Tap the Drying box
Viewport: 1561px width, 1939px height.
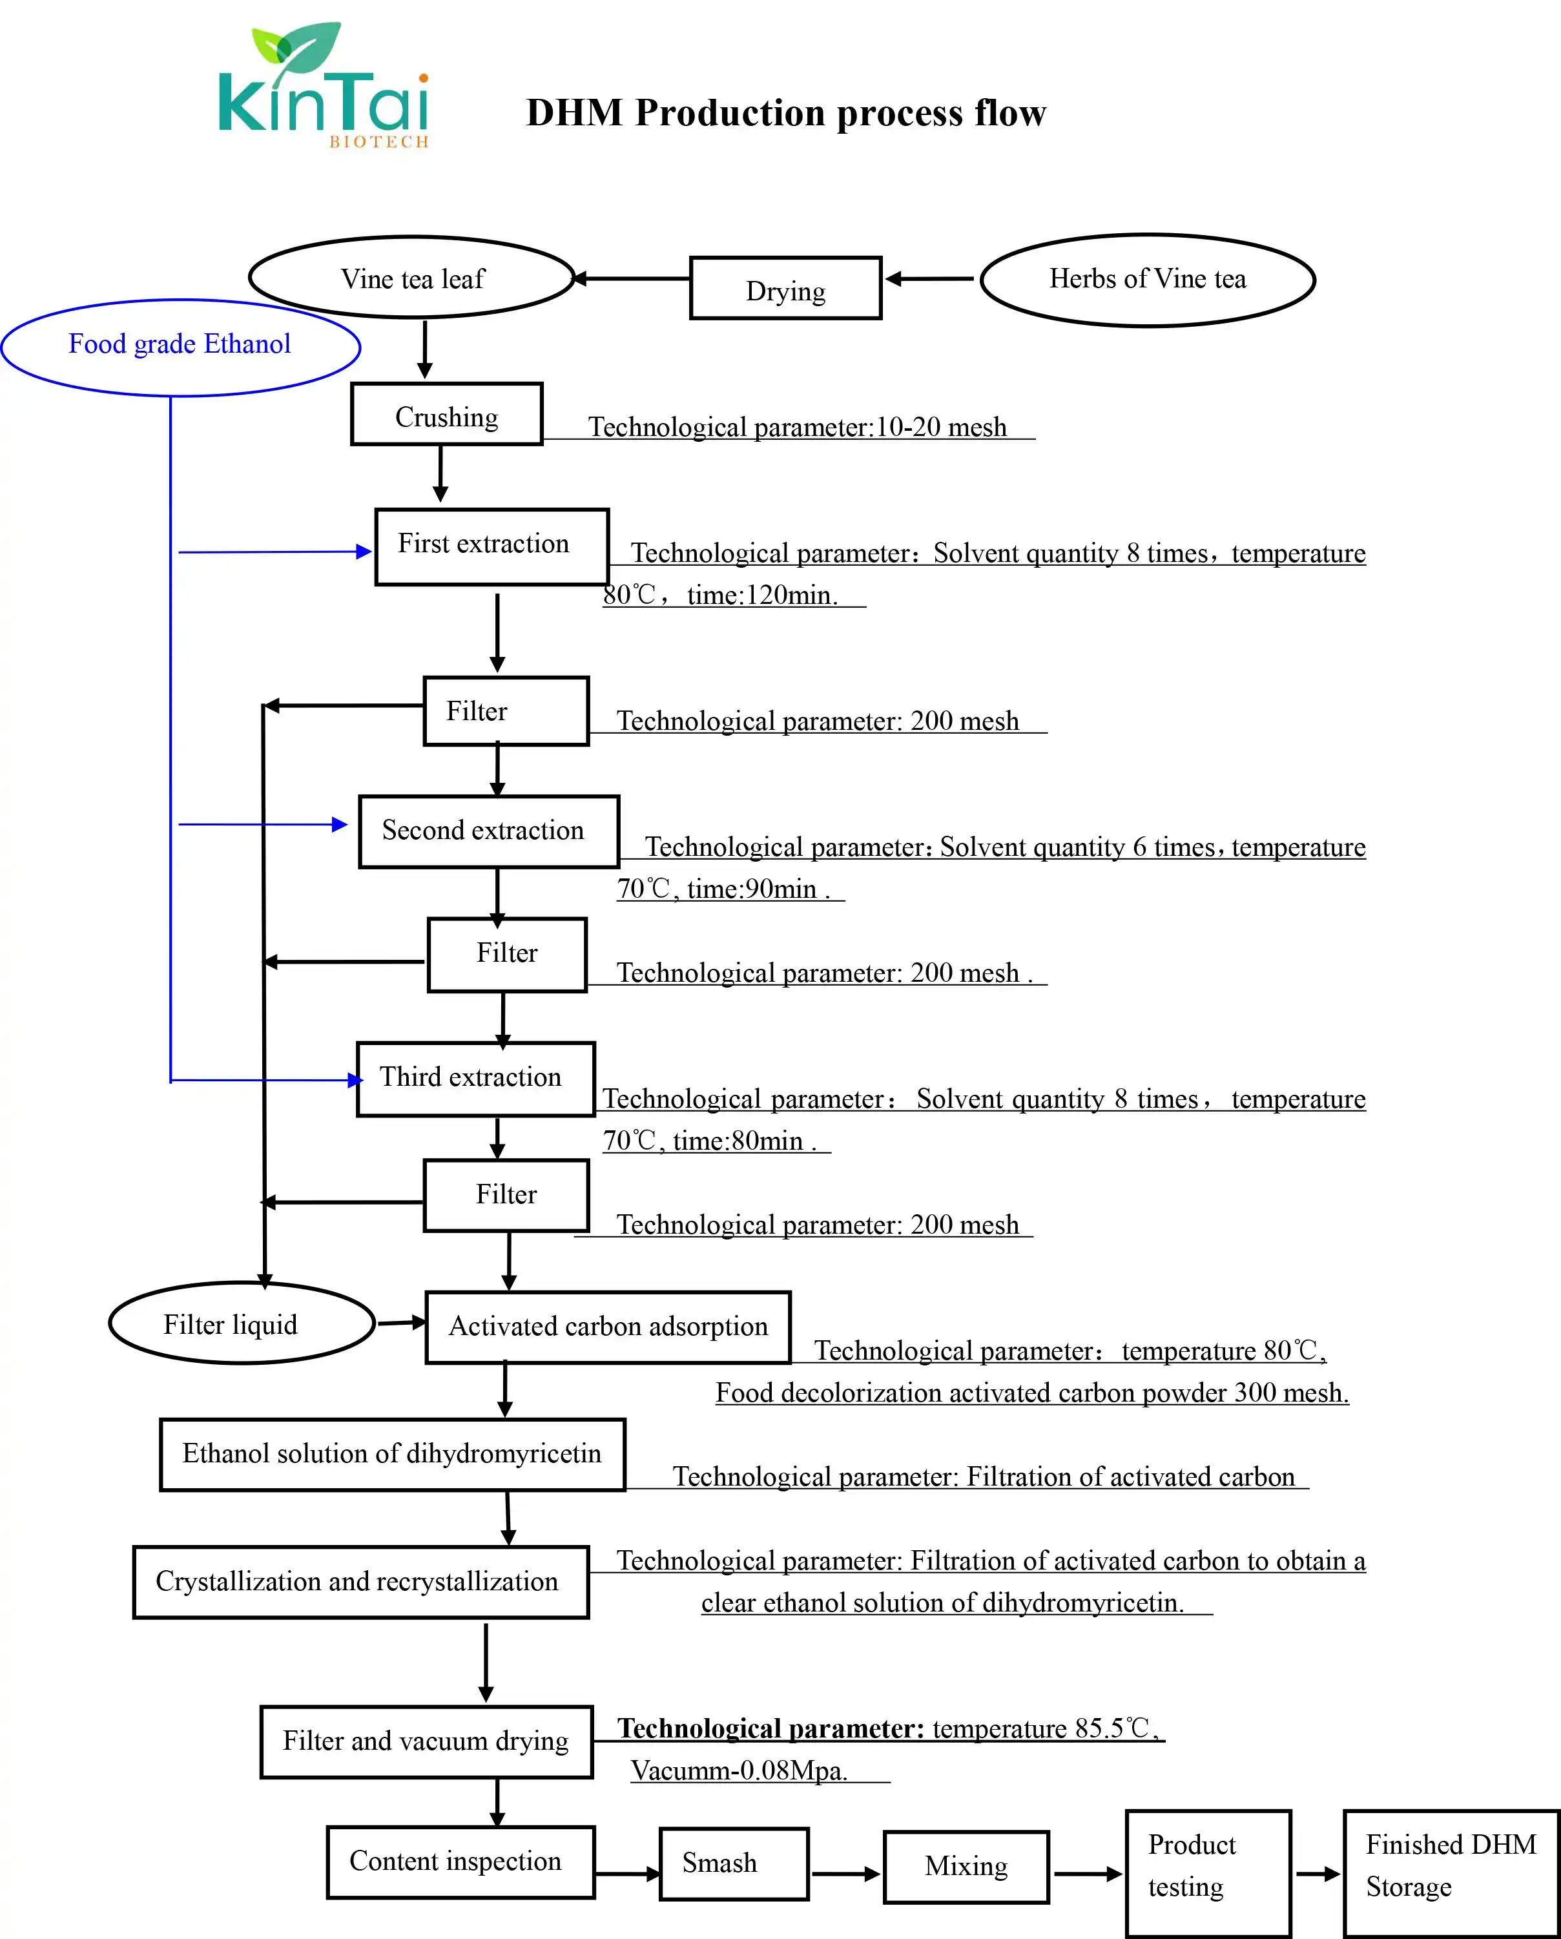tap(785, 289)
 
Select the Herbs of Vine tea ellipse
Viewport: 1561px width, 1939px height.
tap(1148, 280)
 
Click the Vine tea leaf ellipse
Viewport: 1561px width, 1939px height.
tap(412, 278)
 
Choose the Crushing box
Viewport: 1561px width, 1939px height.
tap(447, 415)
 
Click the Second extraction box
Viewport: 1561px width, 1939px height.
tap(488, 832)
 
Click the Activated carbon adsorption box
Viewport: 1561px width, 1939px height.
tap(608, 1327)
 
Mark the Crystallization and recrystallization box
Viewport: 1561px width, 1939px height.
tap(360, 1582)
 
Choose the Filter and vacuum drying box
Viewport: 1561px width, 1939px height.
tap(426, 1742)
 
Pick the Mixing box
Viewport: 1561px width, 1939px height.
tap(967, 1866)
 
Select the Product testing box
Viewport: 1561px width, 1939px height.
tap(1208, 1873)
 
